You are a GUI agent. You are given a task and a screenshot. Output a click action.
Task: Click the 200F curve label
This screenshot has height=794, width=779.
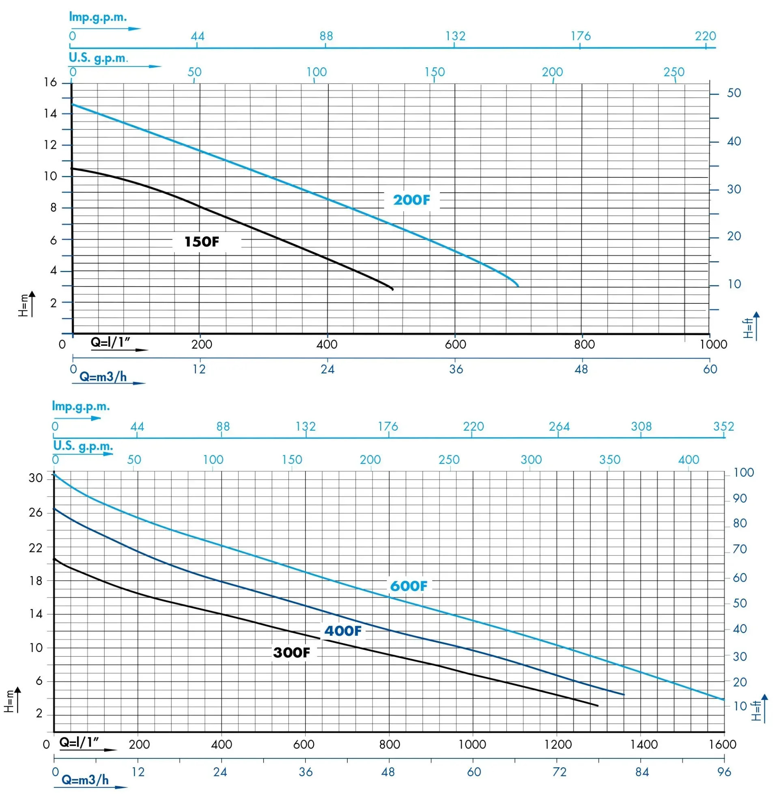(x=411, y=200)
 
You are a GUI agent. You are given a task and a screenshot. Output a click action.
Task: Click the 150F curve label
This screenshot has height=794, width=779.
(x=202, y=242)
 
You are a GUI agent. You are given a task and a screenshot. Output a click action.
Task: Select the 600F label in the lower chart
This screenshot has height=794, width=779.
(x=408, y=586)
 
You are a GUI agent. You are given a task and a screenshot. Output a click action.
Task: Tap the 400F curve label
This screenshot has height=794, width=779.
(x=343, y=631)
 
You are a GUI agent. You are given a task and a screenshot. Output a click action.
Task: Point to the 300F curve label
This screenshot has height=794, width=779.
(x=291, y=652)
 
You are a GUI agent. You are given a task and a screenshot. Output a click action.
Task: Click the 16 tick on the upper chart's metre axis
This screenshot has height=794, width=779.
(x=50, y=83)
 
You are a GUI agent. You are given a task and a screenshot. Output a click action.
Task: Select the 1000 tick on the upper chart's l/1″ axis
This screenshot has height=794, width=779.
(x=713, y=344)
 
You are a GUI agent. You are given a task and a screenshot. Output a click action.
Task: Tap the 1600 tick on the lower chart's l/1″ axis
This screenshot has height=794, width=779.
(x=723, y=744)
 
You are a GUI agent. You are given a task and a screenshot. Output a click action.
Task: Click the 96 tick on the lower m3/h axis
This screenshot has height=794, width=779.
(x=724, y=772)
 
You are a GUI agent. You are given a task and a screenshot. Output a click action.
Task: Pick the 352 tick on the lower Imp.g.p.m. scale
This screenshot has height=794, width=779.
(x=723, y=427)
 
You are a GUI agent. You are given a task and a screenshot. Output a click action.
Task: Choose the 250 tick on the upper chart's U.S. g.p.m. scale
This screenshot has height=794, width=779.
(x=674, y=72)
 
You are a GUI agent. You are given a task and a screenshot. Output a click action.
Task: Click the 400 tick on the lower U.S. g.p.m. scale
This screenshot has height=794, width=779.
(x=689, y=459)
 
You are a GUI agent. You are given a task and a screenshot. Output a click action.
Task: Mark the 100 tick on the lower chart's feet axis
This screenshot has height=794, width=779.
(x=743, y=473)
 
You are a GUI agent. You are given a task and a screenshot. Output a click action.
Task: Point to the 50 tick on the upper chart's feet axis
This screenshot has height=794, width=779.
(x=734, y=93)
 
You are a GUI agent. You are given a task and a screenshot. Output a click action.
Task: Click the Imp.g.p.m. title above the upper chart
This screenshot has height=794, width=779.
(x=98, y=17)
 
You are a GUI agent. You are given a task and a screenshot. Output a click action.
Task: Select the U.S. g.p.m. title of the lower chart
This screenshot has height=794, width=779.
(x=83, y=446)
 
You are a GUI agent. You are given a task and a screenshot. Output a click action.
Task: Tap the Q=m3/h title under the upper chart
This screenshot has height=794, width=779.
(x=103, y=377)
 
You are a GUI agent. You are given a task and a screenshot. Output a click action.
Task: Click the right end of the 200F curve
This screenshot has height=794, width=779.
(x=518, y=286)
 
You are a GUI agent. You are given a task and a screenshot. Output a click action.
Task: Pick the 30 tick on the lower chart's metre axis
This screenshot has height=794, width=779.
(x=36, y=478)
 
